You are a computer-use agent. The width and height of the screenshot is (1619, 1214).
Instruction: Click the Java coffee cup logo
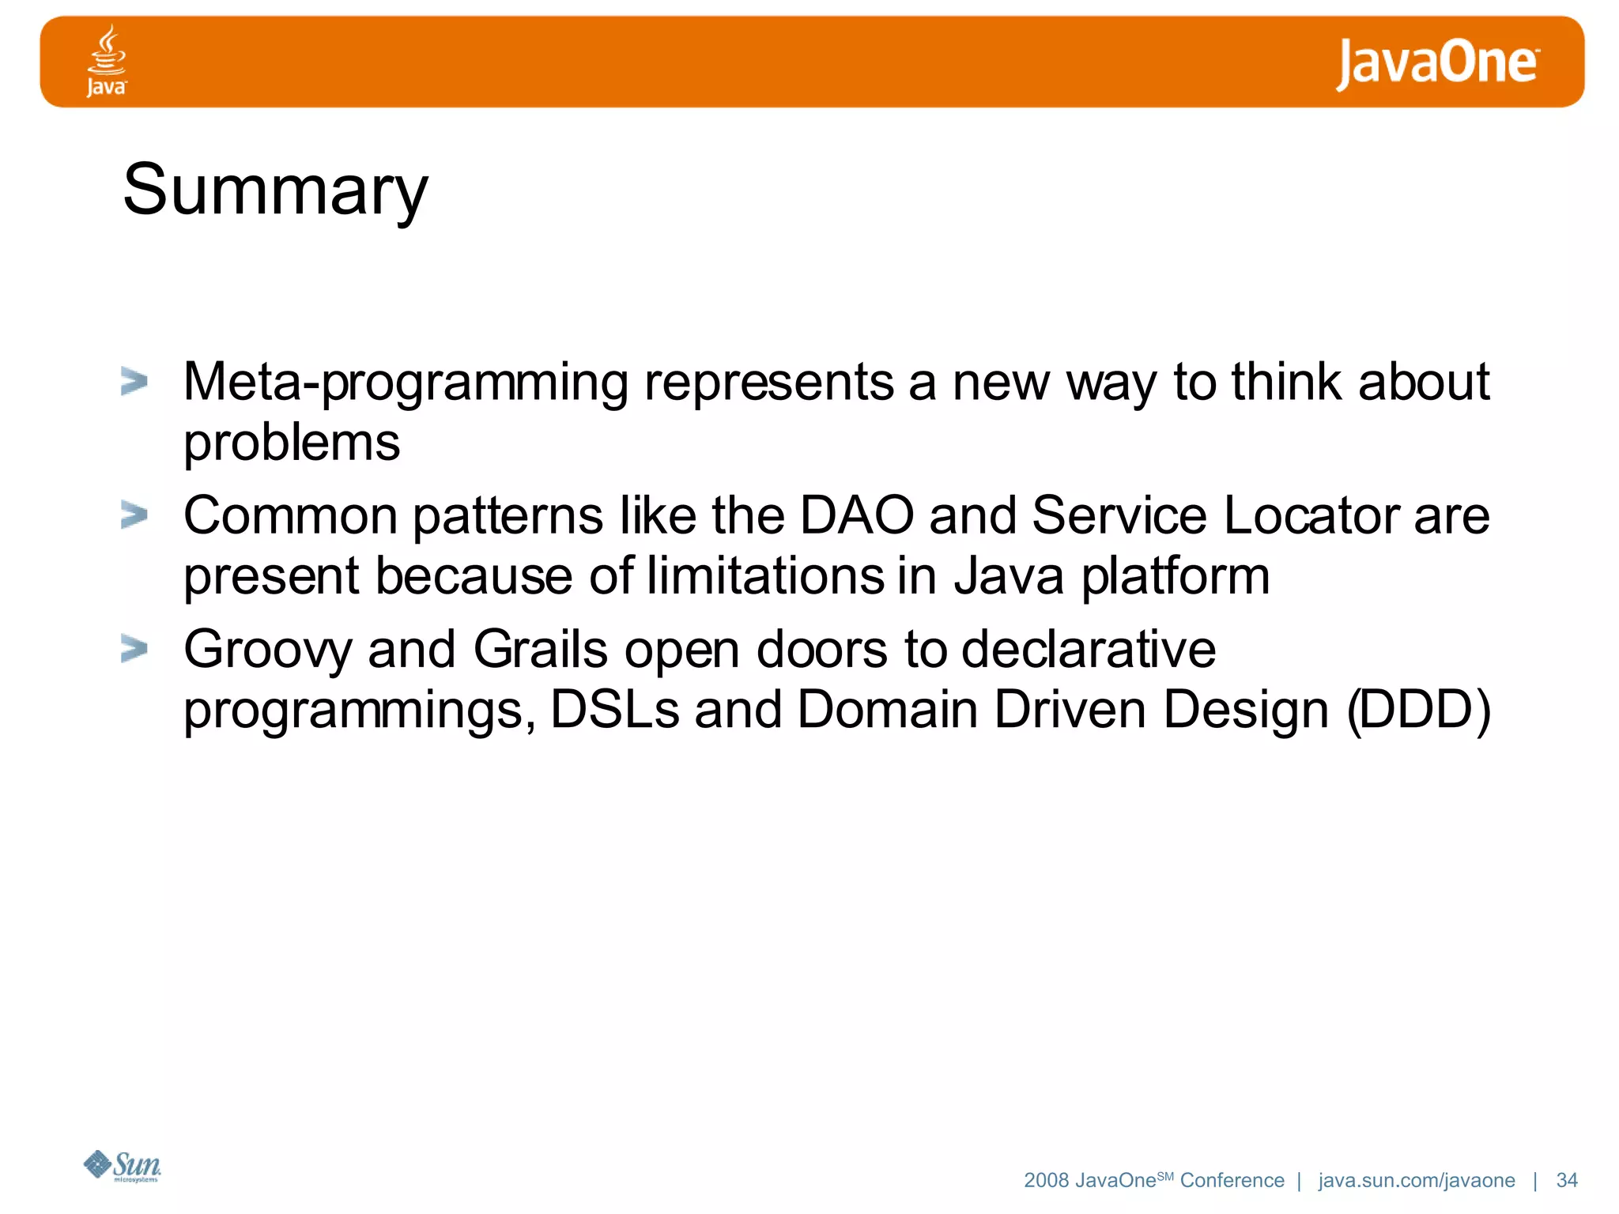tap(106, 60)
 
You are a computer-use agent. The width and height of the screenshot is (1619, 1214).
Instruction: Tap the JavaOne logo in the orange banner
tap(1437, 63)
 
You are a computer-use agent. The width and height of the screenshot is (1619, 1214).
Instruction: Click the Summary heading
tap(275, 190)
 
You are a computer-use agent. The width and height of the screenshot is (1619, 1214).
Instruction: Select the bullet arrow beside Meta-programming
tap(134, 382)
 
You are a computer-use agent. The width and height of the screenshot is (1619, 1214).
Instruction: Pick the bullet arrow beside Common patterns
tap(134, 515)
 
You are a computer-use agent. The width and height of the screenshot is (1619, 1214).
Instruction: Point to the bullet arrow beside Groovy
tap(134, 649)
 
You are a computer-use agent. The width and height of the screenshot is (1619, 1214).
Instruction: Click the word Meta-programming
tap(406, 383)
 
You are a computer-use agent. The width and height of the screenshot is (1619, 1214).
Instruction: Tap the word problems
tap(292, 443)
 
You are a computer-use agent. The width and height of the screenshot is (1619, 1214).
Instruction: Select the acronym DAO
tap(856, 515)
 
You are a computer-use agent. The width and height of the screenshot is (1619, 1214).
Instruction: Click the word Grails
tap(540, 649)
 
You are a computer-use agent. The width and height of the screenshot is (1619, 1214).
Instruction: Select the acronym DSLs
tap(614, 709)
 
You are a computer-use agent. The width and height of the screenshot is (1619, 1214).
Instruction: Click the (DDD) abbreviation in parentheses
tap(1418, 709)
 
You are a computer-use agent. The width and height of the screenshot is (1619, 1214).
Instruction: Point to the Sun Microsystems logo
tap(123, 1166)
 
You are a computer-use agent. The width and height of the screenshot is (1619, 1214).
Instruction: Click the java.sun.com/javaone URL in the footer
tap(1416, 1180)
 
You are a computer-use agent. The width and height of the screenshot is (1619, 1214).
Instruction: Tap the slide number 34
tap(1566, 1180)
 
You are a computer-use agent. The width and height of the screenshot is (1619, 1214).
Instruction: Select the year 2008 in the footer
tap(1046, 1180)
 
